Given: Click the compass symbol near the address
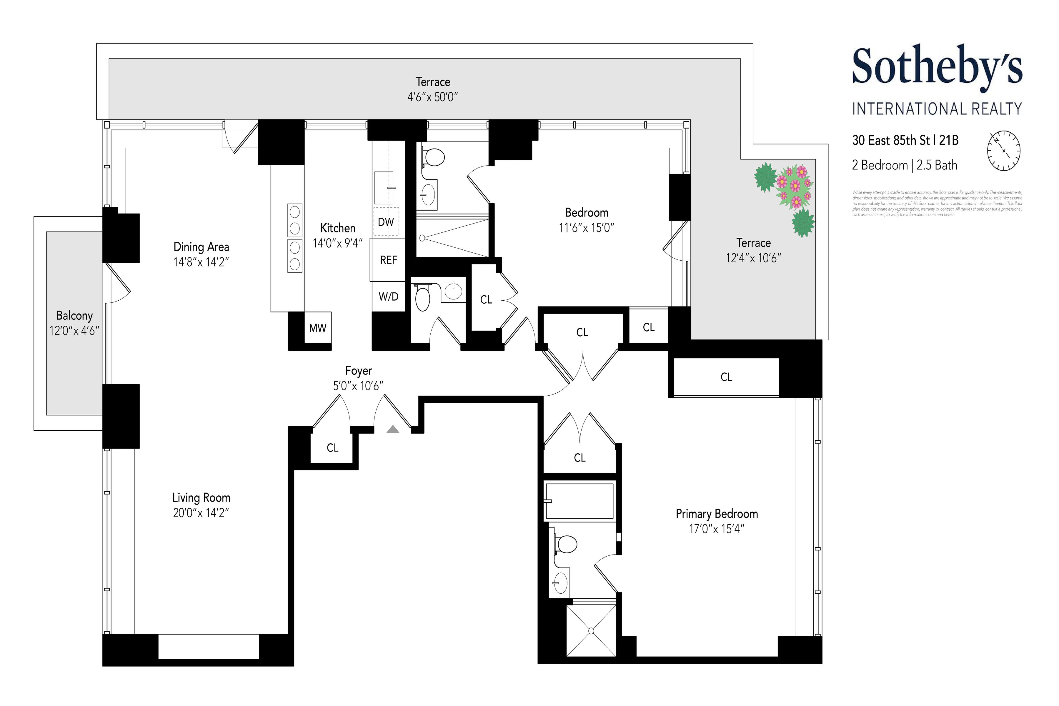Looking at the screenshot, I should (x=1004, y=151).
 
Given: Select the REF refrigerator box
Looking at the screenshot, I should (x=388, y=260).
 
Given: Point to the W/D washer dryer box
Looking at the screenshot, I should (x=388, y=296).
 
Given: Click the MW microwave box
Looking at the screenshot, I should (x=317, y=328).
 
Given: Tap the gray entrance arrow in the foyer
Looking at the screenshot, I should (x=393, y=429).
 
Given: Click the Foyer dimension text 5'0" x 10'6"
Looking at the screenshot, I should (x=358, y=386).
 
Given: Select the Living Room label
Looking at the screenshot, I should (x=201, y=497).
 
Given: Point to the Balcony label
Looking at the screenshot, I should (x=74, y=316).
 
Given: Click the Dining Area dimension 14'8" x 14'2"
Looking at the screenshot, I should (x=201, y=262).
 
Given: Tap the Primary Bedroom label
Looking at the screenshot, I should (x=716, y=514).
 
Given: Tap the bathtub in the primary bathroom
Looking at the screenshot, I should (x=580, y=501).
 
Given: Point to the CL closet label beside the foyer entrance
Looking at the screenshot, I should (x=332, y=447).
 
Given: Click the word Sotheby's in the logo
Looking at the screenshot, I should (x=937, y=68).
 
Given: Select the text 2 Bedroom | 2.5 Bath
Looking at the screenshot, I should (x=904, y=165).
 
